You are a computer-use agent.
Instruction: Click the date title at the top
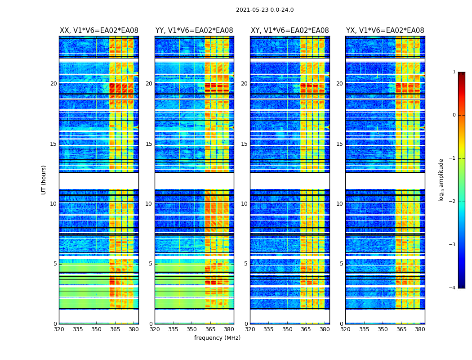265,10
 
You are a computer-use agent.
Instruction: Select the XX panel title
99,31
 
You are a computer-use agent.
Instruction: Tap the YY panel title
194,31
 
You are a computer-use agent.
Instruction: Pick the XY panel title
290,31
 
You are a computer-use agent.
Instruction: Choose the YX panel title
385,31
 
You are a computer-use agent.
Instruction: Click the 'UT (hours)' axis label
44,180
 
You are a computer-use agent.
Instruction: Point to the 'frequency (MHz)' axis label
217,338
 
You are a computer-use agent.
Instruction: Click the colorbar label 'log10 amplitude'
441,180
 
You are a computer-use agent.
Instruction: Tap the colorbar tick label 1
454,72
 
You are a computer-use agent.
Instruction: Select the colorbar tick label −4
453,288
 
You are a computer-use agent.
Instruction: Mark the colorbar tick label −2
453,202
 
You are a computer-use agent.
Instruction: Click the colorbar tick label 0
454,115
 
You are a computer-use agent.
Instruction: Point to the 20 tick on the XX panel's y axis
53,84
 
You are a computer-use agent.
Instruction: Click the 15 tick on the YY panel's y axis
149,144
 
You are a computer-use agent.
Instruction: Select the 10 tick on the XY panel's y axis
244,204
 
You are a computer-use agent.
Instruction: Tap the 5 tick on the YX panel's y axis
341,264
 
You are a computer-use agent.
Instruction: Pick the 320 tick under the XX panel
59,329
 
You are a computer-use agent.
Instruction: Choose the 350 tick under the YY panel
192,329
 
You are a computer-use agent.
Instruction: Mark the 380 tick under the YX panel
420,329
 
